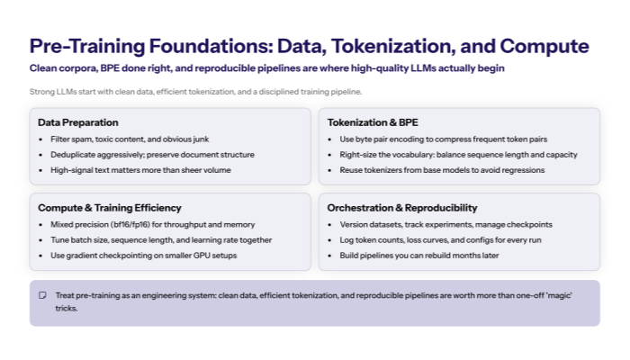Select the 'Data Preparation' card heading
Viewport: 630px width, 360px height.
tap(78, 122)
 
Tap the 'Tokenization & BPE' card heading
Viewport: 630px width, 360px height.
tap(373, 122)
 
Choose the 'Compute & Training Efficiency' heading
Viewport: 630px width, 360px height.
tap(110, 208)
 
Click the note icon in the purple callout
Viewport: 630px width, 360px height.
tap(42, 295)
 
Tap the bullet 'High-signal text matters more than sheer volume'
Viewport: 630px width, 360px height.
tap(140, 170)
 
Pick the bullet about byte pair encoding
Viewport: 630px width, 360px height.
tap(443, 139)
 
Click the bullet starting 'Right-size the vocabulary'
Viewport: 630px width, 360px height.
tap(458, 155)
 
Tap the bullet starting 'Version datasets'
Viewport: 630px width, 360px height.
tap(446, 224)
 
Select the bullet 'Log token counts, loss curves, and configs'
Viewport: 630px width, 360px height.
tap(440, 240)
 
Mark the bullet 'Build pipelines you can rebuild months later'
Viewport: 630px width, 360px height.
tap(426, 256)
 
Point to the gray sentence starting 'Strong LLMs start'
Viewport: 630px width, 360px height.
tap(195, 92)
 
